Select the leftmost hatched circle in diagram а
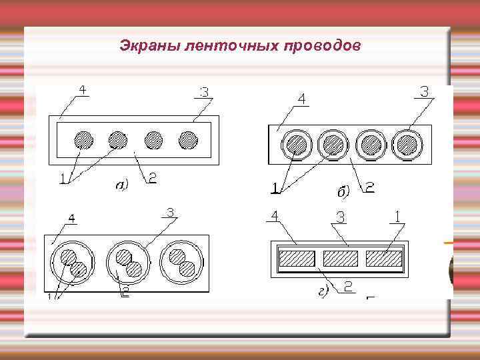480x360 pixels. (x=83, y=140)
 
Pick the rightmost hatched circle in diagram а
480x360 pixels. (x=189, y=140)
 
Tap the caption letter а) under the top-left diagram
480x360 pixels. (x=121, y=185)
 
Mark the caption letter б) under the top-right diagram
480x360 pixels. (x=343, y=192)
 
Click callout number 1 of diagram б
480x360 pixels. (x=275, y=189)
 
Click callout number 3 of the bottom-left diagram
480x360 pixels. (x=171, y=213)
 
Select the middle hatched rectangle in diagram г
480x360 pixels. (x=340, y=258)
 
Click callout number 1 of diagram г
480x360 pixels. (x=398, y=217)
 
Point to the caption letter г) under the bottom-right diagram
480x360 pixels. (x=323, y=291)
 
